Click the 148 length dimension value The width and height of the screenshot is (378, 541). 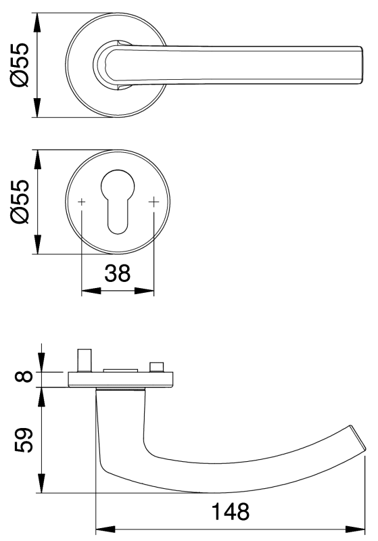pyautogui.click(x=230, y=511)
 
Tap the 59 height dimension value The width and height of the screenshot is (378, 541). pyautogui.click(x=24, y=440)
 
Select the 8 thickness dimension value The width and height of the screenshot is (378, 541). pyautogui.click(x=24, y=377)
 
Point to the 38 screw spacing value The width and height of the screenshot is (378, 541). pyautogui.click(x=117, y=273)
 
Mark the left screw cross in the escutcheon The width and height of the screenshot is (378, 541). pyautogui.click(x=82, y=202)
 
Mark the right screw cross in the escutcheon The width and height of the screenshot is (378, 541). pyautogui.click(x=153, y=202)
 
